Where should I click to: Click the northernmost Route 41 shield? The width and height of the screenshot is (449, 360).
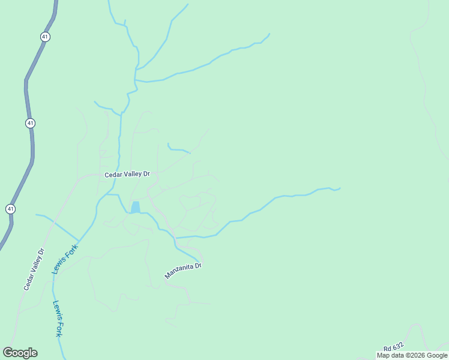[46, 37]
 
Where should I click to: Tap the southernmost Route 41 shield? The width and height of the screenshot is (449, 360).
[11, 208]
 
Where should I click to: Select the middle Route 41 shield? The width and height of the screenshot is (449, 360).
[31, 123]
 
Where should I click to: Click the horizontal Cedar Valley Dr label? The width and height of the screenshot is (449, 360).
[127, 175]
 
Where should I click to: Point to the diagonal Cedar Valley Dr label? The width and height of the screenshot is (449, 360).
[34, 269]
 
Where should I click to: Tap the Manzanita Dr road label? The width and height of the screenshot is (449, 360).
[183, 270]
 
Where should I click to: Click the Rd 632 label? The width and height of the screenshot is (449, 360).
[394, 347]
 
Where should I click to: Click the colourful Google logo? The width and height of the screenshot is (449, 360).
[20, 353]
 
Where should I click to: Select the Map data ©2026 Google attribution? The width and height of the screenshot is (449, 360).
[412, 355]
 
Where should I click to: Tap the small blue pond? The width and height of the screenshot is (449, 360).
[136, 207]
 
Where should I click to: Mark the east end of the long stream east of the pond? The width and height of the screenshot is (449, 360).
[340, 188]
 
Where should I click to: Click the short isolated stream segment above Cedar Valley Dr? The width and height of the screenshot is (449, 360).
[178, 148]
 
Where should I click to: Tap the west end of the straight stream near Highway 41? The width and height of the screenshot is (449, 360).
[37, 215]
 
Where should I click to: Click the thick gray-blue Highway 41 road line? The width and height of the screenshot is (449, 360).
[28, 90]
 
